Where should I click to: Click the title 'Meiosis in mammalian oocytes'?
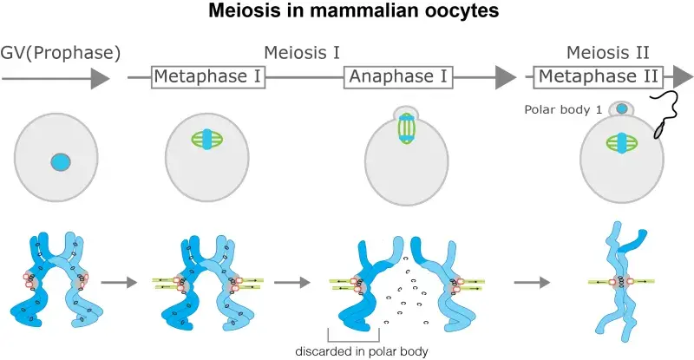347,15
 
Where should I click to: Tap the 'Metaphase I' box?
208,77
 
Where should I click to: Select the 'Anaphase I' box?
400,77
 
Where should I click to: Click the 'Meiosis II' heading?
608,53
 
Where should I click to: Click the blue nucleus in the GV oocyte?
60,162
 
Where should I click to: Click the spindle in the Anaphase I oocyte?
405,127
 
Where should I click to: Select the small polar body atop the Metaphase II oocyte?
621,109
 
